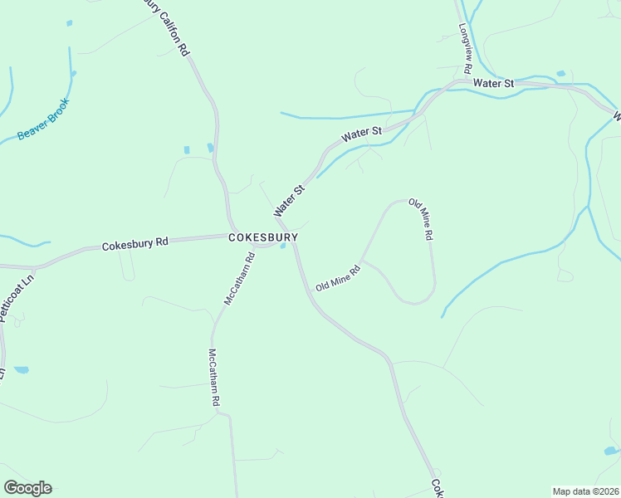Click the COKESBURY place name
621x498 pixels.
(x=262, y=237)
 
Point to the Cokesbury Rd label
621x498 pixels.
(x=135, y=245)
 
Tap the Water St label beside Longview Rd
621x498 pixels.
(x=494, y=84)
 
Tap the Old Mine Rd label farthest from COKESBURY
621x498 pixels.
(x=421, y=220)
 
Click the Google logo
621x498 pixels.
(x=27, y=488)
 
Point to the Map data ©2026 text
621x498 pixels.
(x=585, y=491)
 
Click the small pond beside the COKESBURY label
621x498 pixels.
(x=284, y=246)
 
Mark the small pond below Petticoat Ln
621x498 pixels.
(x=21, y=369)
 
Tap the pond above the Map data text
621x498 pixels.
(x=611, y=451)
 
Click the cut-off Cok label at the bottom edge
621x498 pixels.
(x=435, y=489)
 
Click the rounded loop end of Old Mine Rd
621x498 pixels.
(x=419, y=299)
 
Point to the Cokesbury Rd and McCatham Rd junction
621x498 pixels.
(x=256, y=245)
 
